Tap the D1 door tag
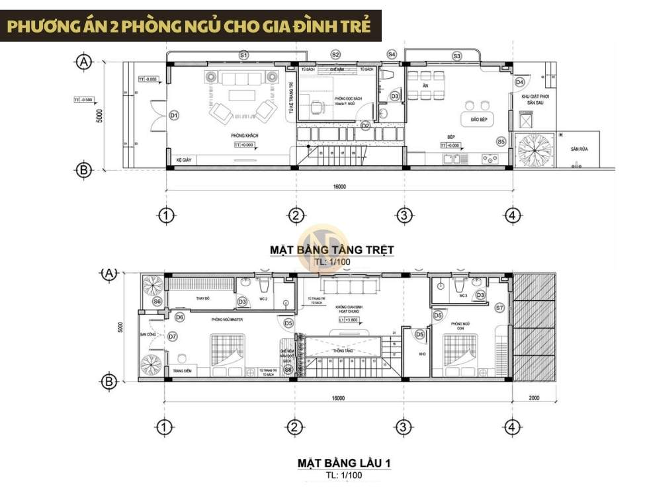(x=174, y=115)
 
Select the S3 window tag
(x=456, y=56)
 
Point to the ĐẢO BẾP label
(x=470, y=119)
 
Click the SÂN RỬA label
(x=580, y=149)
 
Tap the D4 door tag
(x=519, y=82)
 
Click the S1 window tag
(x=243, y=54)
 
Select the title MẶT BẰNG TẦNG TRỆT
(x=331, y=249)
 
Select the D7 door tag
(x=172, y=337)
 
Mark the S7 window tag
(x=499, y=308)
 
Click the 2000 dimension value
(x=535, y=398)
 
